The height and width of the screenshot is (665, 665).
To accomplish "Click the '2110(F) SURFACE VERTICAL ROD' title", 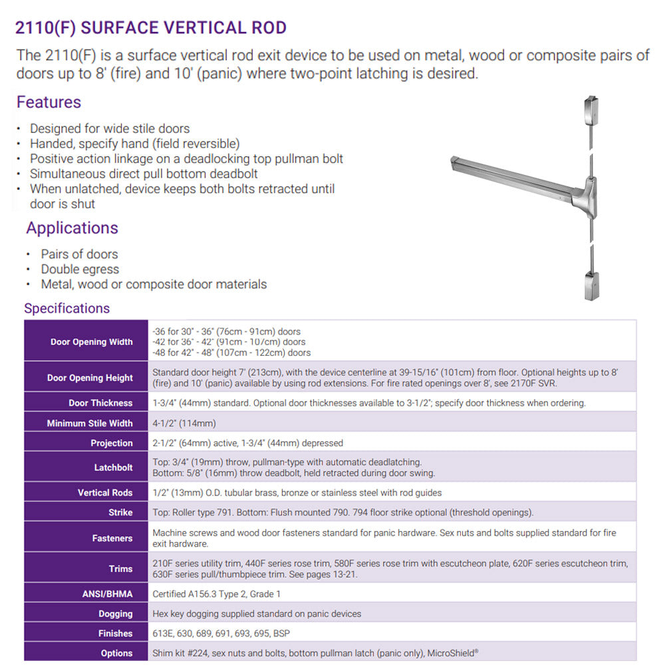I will click(x=151, y=28).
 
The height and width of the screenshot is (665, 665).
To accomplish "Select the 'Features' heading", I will click(x=49, y=102).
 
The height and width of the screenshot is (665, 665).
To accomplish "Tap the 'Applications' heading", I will click(x=72, y=227).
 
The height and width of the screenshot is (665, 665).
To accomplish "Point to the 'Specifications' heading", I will click(x=66, y=308).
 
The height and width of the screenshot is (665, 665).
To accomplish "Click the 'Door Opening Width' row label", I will click(x=92, y=342).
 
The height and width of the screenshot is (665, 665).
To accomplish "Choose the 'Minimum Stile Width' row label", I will click(x=90, y=423).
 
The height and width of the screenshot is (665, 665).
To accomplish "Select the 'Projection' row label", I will click(x=112, y=443).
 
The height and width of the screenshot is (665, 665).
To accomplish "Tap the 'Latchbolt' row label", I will click(x=113, y=467).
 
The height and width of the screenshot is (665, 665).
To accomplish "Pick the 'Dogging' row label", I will click(x=115, y=614).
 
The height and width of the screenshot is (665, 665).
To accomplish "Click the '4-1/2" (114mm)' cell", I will click(x=184, y=423).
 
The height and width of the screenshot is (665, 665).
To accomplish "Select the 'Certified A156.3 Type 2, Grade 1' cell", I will click(x=217, y=594).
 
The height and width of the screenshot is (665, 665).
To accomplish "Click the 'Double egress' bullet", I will click(x=80, y=269).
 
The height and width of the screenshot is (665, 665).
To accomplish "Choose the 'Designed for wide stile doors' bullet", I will click(x=110, y=128).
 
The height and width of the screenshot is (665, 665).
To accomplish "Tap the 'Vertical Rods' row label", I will click(x=105, y=493).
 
